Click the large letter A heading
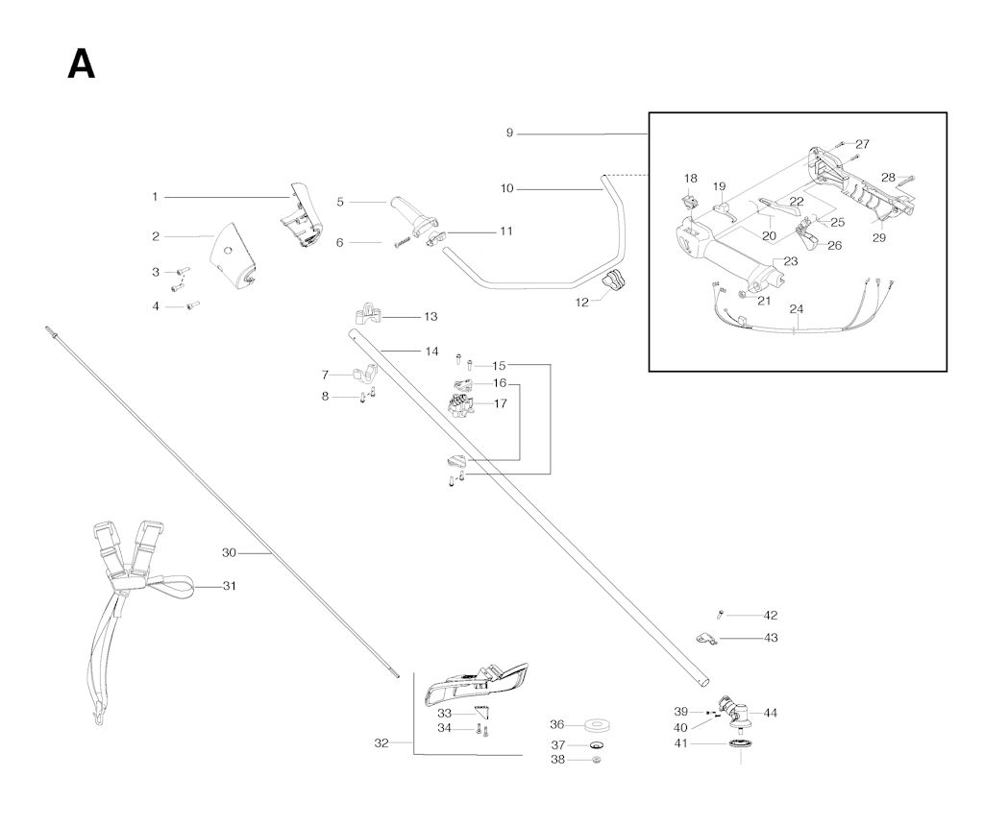[82, 64]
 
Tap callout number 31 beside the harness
[230, 586]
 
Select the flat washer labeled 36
[597, 726]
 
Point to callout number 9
[509, 133]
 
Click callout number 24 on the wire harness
[797, 309]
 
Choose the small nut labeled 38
[597, 761]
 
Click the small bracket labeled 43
[706, 639]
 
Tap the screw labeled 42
[720, 615]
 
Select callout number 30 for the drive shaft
[229, 553]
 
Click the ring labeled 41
[741, 744]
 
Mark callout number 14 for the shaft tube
[431, 352]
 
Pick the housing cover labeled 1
[300, 216]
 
